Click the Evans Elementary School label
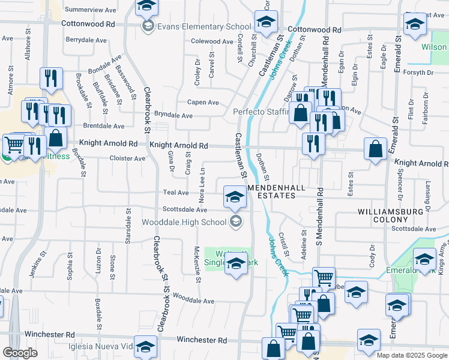point(204,26)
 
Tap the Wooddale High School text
point(183,222)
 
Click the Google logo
point(19,353)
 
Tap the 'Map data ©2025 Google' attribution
point(412,355)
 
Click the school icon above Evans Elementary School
point(145,7)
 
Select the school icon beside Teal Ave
point(235,196)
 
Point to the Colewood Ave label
point(212,41)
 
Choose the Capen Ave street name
point(203,103)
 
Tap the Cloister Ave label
point(127,158)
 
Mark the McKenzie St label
point(197,265)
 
